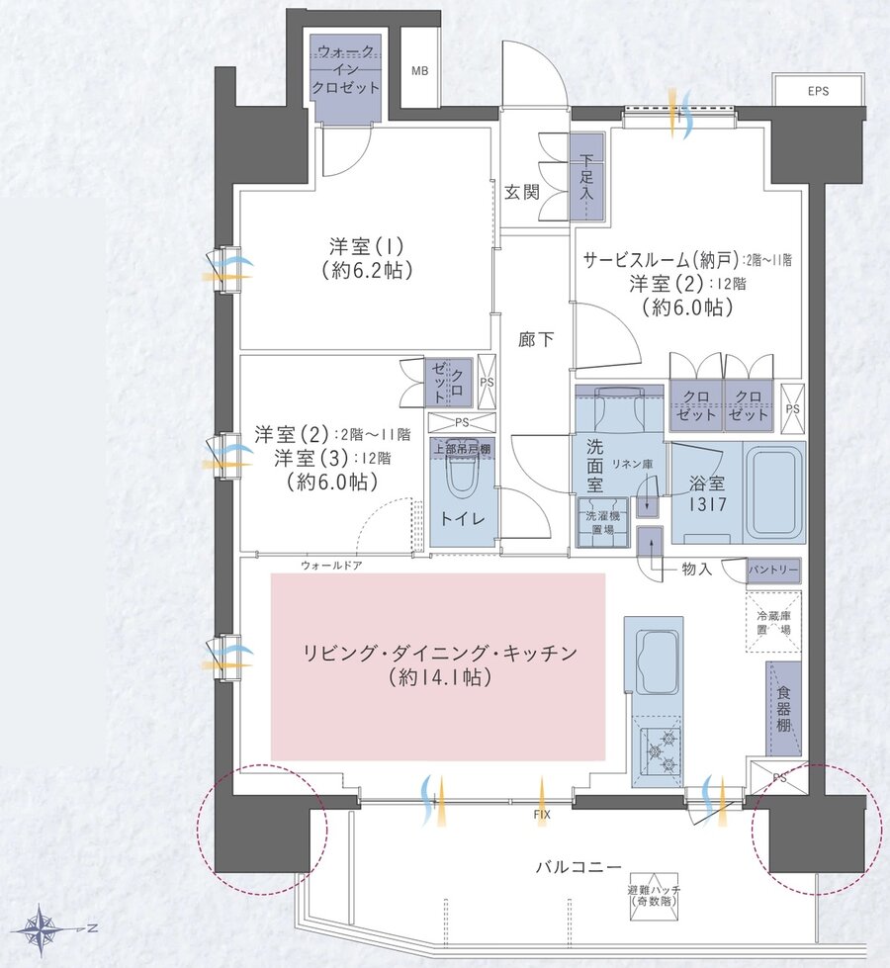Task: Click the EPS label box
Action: click(x=818, y=91)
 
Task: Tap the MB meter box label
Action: click(x=420, y=71)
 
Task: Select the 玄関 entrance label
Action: click(x=522, y=192)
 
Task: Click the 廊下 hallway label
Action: click(x=536, y=339)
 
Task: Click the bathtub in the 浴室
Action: click(x=771, y=493)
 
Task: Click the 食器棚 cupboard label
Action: click(x=782, y=709)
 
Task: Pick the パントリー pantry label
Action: click(x=772, y=571)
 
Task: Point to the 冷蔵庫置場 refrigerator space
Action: click(x=772, y=622)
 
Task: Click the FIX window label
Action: click(x=541, y=815)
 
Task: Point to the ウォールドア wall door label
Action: click(x=331, y=566)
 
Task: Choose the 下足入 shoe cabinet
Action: click(x=586, y=176)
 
